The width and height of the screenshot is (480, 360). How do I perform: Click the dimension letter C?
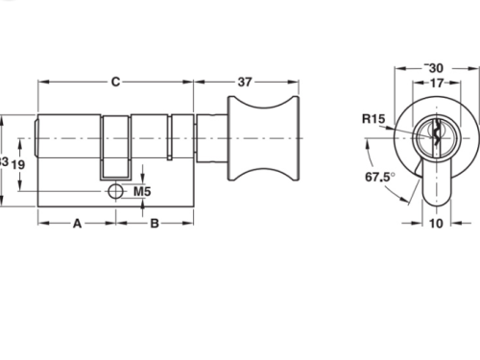tap(115, 82)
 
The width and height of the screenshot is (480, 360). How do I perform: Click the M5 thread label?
tap(142, 192)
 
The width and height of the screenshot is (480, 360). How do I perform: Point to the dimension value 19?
tap(17, 164)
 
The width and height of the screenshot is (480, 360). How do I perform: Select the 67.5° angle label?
tap(378, 178)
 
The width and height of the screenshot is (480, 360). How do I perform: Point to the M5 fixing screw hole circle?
tap(116, 190)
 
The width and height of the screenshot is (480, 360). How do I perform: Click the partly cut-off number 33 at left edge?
tap(4, 163)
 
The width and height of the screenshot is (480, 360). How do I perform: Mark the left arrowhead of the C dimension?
tap(42, 82)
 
